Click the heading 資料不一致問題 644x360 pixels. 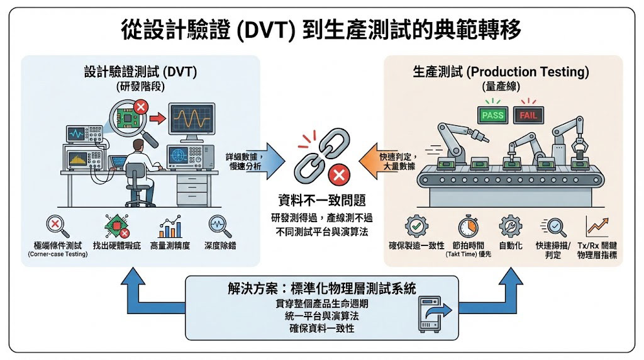(321, 201)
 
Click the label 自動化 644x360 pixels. (510, 245)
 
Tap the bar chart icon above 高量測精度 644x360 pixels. (170, 226)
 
